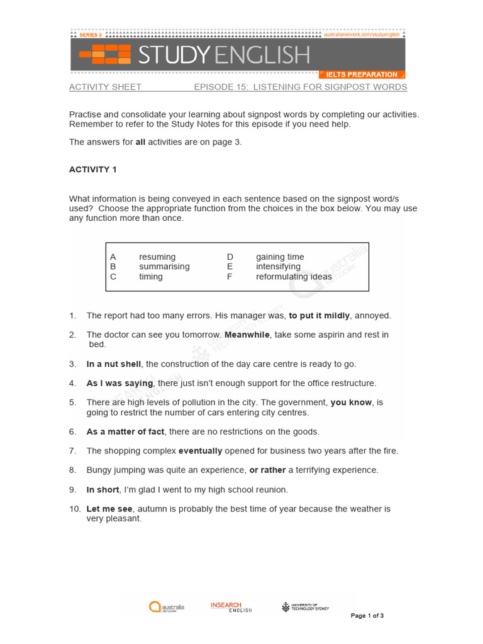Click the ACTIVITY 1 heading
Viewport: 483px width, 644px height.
pyautogui.click(x=93, y=170)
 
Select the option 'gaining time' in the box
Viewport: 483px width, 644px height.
pyautogui.click(x=280, y=257)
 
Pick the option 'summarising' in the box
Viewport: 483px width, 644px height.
pyautogui.click(x=164, y=267)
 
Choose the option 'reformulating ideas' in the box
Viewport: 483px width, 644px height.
pyautogui.click(x=294, y=277)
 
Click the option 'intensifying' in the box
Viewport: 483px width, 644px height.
pyautogui.click(x=279, y=267)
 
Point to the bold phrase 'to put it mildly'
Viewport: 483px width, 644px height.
pyautogui.click(x=319, y=316)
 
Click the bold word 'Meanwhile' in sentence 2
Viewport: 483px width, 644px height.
pyautogui.click(x=247, y=335)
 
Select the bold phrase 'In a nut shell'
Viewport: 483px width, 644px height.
pyautogui.click(x=114, y=364)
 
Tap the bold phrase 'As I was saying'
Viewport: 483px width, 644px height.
pyautogui.click(x=119, y=383)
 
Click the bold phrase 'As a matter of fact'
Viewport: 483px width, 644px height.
pyautogui.click(x=125, y=432)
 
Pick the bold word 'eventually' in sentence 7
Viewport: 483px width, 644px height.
pyautogui.click(x=200, y=451)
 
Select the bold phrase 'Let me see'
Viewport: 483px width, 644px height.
pyautogui.click(x=109, y=509)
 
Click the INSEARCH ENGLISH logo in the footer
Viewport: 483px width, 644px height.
pyautogui.click(x=231, y=607)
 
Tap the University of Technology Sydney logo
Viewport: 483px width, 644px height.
pyautogui.click(x=305, y=607)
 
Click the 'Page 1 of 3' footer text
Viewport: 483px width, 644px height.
pyautogui.click(x=367, y=616)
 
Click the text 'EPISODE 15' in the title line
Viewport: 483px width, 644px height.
pyautogui.click(x=218, y=87)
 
